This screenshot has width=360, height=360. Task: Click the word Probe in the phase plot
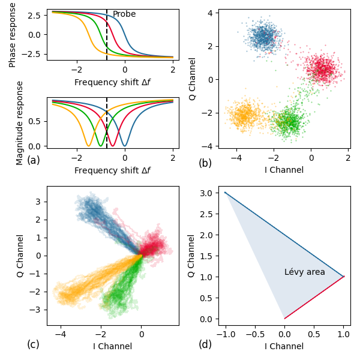coord(124,14)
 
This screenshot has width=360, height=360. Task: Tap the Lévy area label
coord(304,272)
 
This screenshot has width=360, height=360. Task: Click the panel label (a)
coord(34,160)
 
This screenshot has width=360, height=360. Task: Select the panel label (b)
coord(205,163)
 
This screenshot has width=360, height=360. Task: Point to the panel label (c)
coord(34,344)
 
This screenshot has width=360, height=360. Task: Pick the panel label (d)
coord(205,344)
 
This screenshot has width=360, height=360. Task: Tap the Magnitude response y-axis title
coord(20,123)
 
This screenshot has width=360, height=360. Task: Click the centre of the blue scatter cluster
coord(262,37)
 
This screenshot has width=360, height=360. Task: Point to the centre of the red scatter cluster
coord(324,69)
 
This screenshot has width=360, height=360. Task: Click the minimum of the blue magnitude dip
coord(124,146)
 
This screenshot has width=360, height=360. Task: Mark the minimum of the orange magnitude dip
coord(88,146)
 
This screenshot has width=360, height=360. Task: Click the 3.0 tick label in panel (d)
coord(206,193)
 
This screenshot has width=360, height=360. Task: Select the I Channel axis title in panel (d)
coord(284,346)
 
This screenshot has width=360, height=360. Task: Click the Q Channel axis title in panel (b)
coord(193,79)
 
